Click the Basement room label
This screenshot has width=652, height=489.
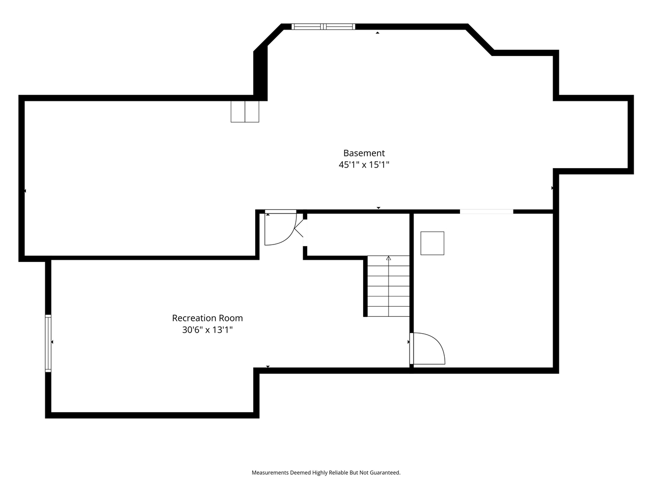[x=364, y=153]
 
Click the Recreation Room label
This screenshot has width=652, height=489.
[x=207, y=318]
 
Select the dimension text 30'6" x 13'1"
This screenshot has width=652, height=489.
[x=207, y=330]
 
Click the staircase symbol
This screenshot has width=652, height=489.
[x=389, y=288]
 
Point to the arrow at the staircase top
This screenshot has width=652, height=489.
[x=389, y=258]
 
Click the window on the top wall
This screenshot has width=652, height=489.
[x=323, y=26]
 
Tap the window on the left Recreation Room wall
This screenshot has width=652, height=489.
[x=48, y=342]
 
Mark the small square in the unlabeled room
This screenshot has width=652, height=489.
[x=432, y=243]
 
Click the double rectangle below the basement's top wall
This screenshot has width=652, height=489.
[x=245, y=112]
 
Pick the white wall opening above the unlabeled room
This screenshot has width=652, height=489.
[x=486, y=211]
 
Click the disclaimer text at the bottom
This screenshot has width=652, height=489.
[x=326, y=473]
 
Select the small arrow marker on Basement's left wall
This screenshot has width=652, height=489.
[x=25, y=191]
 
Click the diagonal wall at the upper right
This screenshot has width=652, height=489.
[x=479, y=39]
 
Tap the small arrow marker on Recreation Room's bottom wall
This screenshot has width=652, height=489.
[x=268, y=367]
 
